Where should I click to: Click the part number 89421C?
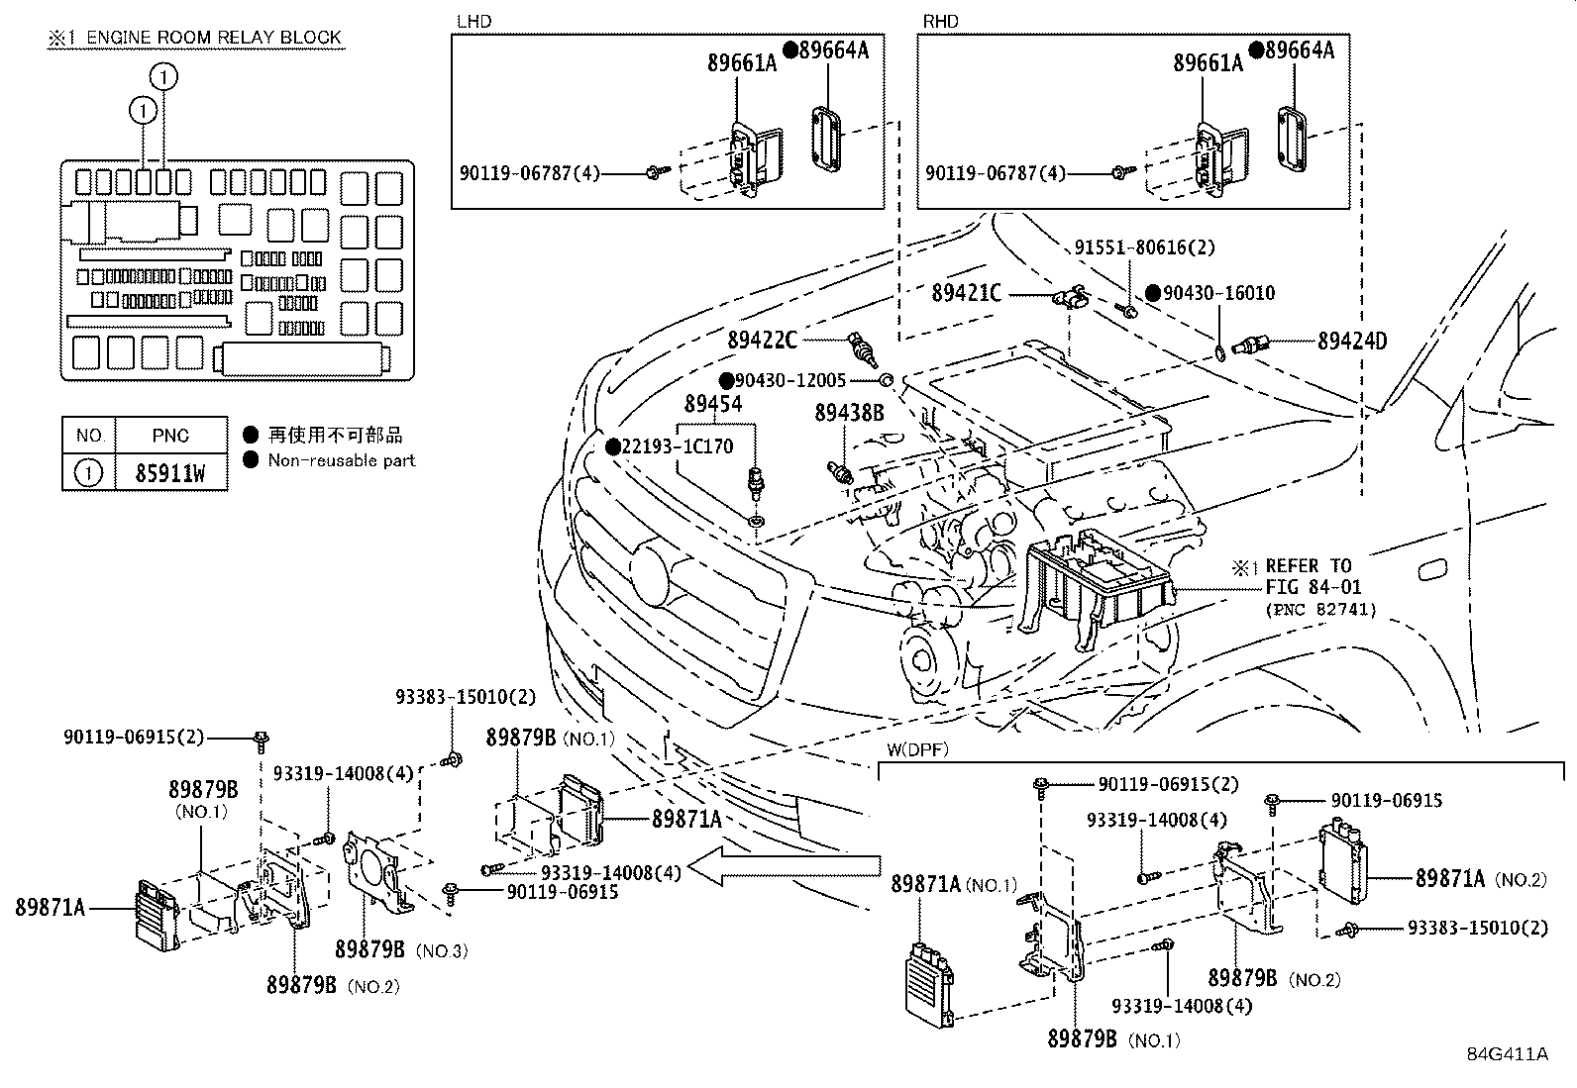[967, 294]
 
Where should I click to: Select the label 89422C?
[762, 341]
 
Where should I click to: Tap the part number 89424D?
[1351, 342]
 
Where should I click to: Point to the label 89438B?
[849, 413]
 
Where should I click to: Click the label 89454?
[713, 404]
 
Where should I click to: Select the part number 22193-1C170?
[677, 446]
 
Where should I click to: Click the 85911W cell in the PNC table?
[170, 473]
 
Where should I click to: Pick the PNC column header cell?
[170, 436]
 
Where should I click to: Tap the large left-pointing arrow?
[783, 867]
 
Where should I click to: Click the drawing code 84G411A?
[1507, 1053]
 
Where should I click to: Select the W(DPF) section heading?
[917, 750]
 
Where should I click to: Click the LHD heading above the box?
[473, 21]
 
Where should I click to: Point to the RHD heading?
[940, 21]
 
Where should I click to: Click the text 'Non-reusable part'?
[341, 460]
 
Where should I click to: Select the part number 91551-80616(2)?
[1144, 247]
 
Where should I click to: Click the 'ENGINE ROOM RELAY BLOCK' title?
[213, 38]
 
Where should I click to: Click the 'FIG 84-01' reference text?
[1307, 588]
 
